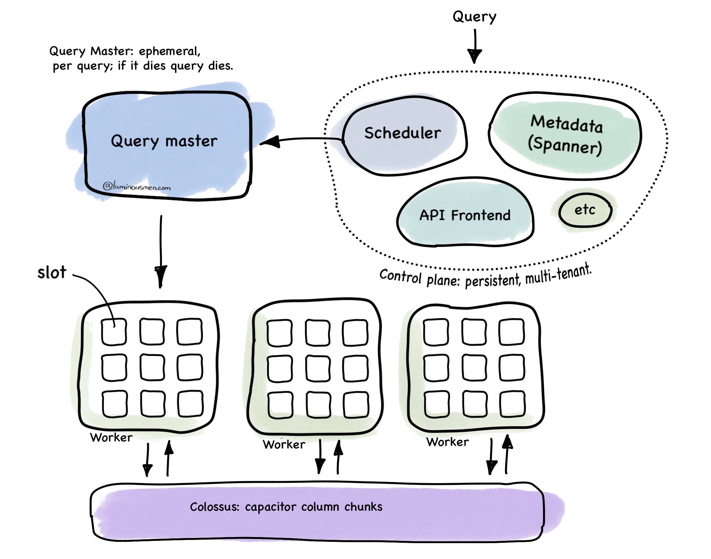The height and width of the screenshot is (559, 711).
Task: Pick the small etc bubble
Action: (x=585, y=210)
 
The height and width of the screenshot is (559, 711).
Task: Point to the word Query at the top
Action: (x=474, y=16)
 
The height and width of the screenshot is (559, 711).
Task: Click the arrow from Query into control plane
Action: (x=474, y=46)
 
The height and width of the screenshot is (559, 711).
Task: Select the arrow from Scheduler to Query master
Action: (x=301, y=140)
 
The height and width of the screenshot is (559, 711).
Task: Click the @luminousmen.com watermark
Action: (x=137, y=187)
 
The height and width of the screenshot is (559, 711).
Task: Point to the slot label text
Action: (x=52, y=272)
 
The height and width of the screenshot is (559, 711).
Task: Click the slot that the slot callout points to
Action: (x=113, y=332)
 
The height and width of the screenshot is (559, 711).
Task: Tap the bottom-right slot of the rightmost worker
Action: (x=512, y=404)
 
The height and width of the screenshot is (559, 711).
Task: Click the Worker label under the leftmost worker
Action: (x=111, y=438)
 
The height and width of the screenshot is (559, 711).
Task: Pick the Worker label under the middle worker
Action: (x=284, y=445)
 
